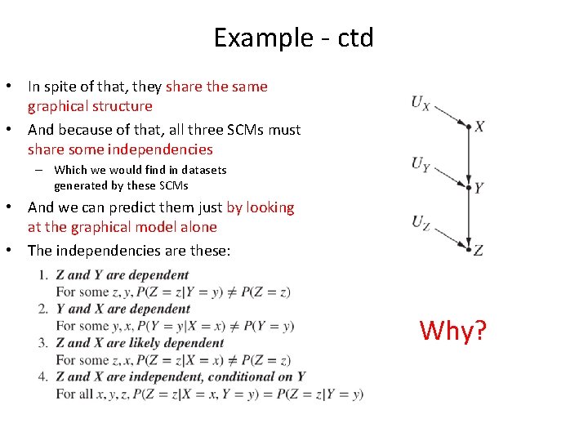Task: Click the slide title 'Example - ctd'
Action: (x=293, y=38)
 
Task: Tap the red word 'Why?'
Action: (x=453, y=331)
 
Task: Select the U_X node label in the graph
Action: (x=421, y=103)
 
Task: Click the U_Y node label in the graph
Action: (x=421, y=164)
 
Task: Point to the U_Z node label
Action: (x=421, y=222)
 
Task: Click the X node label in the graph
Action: (x=480, y=127)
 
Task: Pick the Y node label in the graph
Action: (x=479, y=188)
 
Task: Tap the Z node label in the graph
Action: (x=479, y=250)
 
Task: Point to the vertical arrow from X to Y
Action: (x=469, y=157)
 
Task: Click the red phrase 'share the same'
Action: (x=216, y=87)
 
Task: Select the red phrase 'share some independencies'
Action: (x=120, y=149)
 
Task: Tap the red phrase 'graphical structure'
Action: (x=90, y=106)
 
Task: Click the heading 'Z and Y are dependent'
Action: (x=122, y=275)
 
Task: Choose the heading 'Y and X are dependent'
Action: (x=122, y=309)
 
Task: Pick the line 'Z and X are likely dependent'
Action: (x=140, y=343)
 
